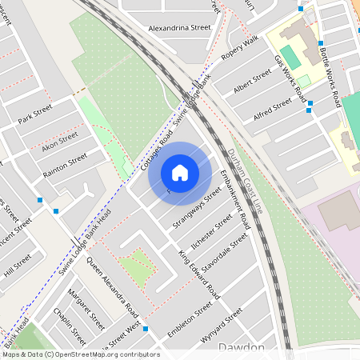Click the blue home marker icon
[x=180, y=172]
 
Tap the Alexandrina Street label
[x=179, y=27]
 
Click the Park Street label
[x=34, y=114]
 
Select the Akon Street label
[x=60, y=142]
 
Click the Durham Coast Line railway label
[x=245, y=181]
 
